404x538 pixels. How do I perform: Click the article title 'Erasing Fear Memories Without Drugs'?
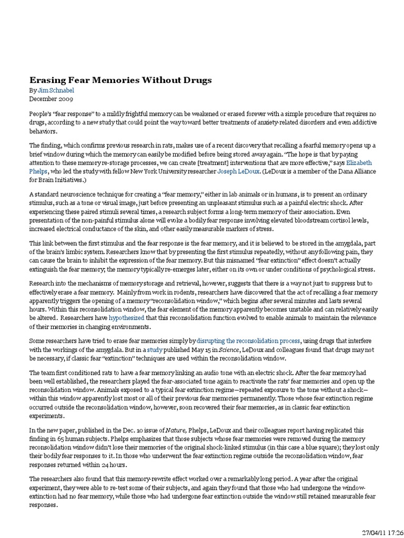(120, 80)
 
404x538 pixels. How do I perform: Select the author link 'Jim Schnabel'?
(53, 90)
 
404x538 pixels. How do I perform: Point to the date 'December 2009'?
(51, 98)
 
